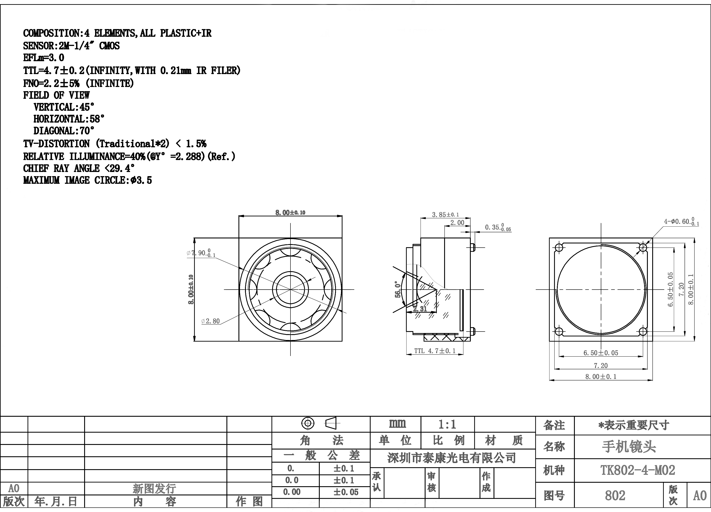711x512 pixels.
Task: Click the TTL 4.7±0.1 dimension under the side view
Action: (435, 351)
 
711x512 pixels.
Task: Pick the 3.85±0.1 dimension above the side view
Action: (445, 215)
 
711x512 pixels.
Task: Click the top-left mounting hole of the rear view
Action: (559, 248)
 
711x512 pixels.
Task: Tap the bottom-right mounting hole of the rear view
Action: (643, 331)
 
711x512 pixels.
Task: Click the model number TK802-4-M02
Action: (637, 470)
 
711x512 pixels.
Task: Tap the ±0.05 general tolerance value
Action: (346, 492)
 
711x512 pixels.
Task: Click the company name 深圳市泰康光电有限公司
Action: (451, 458)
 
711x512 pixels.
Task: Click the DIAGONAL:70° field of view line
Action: (64, 131)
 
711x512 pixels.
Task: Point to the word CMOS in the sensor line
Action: (110, 46)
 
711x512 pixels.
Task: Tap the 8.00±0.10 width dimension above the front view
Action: (290, 212)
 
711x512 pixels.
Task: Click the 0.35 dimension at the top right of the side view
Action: (498, 227)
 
